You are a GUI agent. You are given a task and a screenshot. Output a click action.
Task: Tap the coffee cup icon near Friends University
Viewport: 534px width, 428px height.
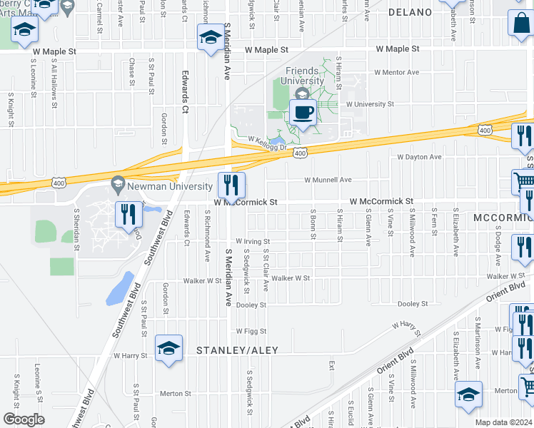(303, 112)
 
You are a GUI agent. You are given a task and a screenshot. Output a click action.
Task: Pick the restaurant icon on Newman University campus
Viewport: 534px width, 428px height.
(129, 214)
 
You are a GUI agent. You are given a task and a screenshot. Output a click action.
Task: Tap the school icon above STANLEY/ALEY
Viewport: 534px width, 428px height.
(168, 348)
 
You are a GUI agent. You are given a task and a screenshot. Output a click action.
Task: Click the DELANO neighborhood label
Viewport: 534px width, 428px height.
(410, 12)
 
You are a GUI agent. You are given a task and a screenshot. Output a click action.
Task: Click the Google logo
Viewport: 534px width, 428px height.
(24, 419)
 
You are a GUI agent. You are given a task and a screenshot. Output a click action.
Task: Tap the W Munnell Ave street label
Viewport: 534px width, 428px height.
(328, 180)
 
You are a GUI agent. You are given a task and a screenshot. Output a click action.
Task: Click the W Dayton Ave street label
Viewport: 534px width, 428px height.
(420, 156)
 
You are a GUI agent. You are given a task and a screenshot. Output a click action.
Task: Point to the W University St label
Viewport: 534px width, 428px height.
(370, 104)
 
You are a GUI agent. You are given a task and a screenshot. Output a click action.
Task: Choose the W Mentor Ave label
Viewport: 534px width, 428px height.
(395, 72)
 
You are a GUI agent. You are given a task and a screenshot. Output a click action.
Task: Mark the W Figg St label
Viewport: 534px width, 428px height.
(251, 331)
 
